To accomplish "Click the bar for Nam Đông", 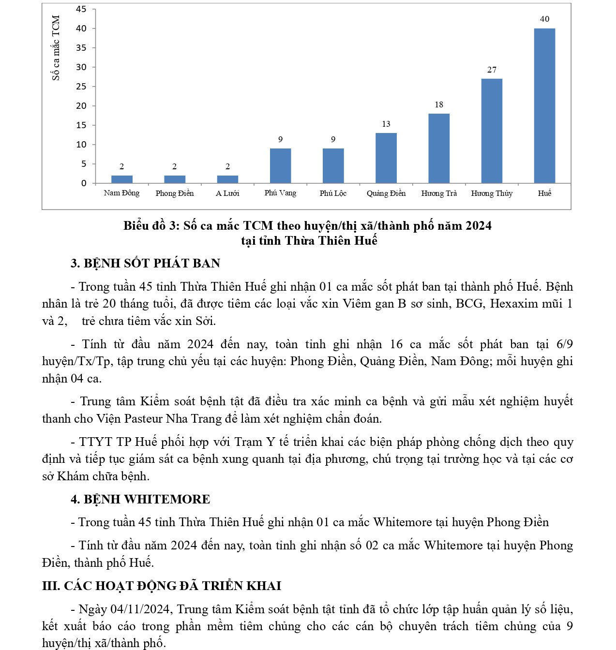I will point(121,179).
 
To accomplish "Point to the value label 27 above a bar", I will point(492,70).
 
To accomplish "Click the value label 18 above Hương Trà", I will point(439,105).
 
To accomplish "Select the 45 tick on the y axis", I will point(81,9).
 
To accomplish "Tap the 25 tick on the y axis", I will point(81,87).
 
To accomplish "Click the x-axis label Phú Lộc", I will point(333,193).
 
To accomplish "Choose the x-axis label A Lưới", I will point(227,193).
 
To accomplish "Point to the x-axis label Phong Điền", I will point(174,193).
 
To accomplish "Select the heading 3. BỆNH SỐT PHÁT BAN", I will point(145,264).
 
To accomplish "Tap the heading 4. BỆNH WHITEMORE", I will point(140,500).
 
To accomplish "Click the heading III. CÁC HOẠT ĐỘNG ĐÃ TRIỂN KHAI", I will point(162,586).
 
